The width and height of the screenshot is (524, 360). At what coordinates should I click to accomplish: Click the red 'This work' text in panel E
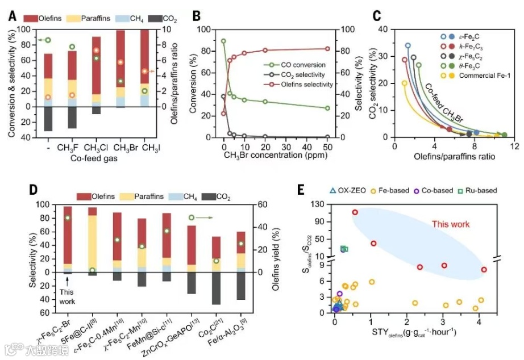point(451,224)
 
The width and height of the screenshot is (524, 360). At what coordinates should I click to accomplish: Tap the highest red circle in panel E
point(355,212)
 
